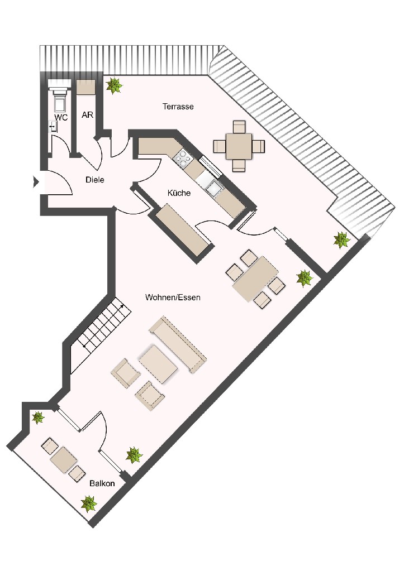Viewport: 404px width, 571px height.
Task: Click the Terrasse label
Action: pyautogui.click(x=178, y=107)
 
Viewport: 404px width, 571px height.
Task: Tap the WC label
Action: pyautogui.click(x=61, y=118)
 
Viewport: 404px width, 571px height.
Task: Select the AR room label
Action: pyautogui.click(x=88, y=115)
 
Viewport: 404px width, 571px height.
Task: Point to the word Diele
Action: pyautogui.click(x=95, y=180)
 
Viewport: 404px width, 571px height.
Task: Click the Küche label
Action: pyautogui.click(x=179, y=193)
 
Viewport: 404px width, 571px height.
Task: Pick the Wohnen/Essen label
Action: pyautogui.click(x=173, y=297)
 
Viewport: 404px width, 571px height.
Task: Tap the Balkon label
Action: pyautogui.click(x=102, y=483)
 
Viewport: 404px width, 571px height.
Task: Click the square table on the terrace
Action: pyautogui.click(x=239, y=146)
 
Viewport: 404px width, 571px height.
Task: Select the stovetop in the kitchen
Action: pyautogui.click(x=182, y=157)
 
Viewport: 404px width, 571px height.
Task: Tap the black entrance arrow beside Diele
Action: pyautogui.click(x=36, y=181)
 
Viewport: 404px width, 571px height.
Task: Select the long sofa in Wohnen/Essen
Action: pyautogui.click(x=178, y=344)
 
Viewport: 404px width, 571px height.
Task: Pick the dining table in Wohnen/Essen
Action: pyautogui.click(x=256, y=279)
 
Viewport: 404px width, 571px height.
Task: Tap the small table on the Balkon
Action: pyautogui.click(x=64, y=460)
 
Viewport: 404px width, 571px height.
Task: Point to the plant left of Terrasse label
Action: pyautogui.click(x=114, y=86)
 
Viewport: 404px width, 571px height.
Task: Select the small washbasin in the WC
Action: pyautogui.click(x=54, y=126)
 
